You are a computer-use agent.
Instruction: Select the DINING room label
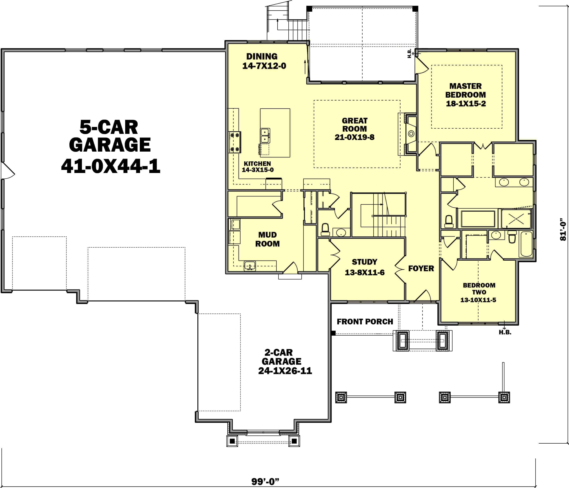pos(262,56)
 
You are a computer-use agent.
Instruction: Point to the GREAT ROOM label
pos(354,125)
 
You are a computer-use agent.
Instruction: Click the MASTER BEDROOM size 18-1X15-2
pos(466,104)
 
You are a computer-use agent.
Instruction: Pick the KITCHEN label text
pos(257,164)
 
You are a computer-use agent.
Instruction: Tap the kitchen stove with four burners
pos(235,142)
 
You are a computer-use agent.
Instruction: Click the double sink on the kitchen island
pos(265,135)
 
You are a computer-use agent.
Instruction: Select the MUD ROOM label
pos(267,239)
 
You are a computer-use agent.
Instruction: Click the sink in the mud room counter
pos(250,266)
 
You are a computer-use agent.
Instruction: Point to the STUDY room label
pos(364,262)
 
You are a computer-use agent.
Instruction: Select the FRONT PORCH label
pos(365,322)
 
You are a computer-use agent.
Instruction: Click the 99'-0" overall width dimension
pos(265,481)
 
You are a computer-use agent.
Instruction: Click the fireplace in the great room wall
pos(411,134)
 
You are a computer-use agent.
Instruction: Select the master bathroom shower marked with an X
pos(516,219)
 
